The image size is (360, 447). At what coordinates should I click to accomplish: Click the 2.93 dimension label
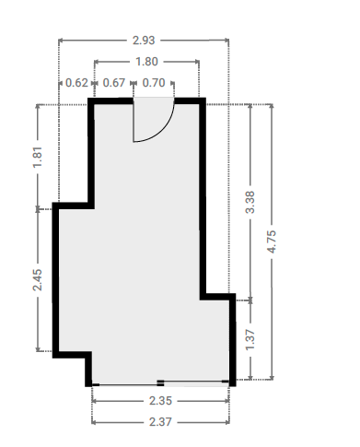click(144, 41)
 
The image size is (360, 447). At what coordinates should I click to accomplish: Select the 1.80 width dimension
click(146, 62)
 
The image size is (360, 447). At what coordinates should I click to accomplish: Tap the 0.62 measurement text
click(76, 83)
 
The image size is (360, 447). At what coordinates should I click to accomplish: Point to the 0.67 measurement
click(114, 83)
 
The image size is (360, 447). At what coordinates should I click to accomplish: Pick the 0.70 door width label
click(154, 83)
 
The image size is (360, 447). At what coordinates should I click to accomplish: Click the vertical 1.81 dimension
click(38, 157)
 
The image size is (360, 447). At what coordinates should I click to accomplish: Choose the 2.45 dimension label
click(38, 280)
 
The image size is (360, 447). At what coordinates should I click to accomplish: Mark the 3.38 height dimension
click(250, 202)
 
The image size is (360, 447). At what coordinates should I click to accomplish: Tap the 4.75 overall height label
click(272, 241)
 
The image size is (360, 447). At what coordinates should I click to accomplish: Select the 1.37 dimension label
click(250, 339)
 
